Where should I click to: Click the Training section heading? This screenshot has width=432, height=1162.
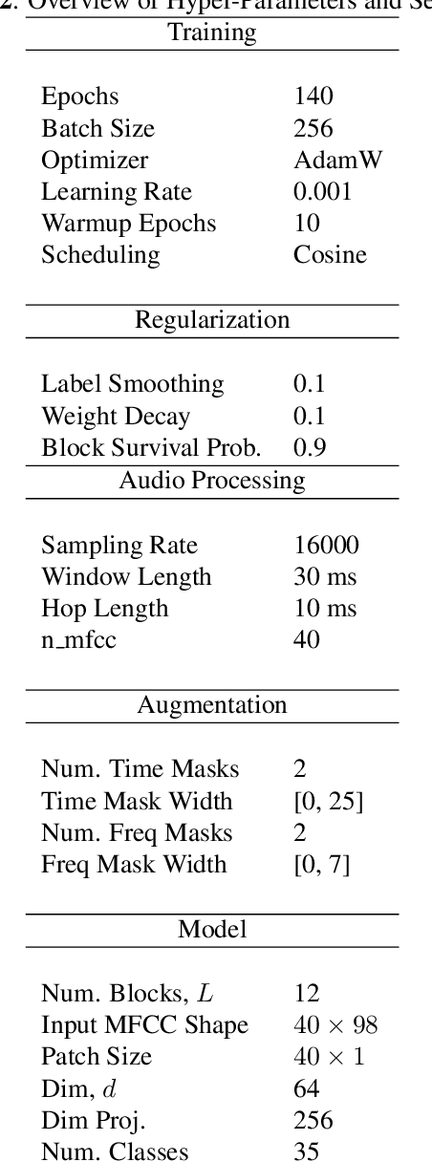(212, 32)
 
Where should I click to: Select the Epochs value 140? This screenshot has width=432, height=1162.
(313, 97)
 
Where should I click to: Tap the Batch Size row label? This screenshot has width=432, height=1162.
(97, 128)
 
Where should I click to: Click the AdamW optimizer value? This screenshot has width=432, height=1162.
(337, 160)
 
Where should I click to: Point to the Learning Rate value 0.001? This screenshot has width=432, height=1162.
(322, 191)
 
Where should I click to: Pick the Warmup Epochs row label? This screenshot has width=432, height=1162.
(128, 224)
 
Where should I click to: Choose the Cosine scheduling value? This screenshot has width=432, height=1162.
(330, 255)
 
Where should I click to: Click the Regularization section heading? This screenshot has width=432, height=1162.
(212, 319)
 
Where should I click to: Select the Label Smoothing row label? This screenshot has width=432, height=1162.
(132, 384)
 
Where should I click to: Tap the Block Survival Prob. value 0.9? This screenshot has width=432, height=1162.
(309, 447)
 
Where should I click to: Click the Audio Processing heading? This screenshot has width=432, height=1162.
(212, 480)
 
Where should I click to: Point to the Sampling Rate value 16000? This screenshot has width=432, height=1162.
(326, 545)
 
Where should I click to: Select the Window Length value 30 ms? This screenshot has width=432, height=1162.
(325, 576)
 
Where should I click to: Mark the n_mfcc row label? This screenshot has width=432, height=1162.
(78, 639)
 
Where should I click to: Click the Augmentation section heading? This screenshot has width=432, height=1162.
(212, 705)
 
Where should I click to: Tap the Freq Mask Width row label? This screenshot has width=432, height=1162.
(134, 865)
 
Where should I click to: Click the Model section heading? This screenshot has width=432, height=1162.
(212, 929)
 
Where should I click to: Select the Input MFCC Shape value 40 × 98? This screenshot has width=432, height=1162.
(335, 1025)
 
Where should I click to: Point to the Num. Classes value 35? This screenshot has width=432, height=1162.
(306, 1151)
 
